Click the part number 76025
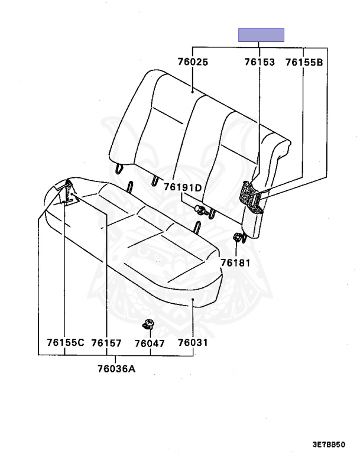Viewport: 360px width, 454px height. [x=193, y=62]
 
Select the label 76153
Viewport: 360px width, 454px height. [x=260, y=62]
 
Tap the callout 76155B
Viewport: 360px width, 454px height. [x=304, y=62]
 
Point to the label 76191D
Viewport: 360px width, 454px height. [x=183, y=187]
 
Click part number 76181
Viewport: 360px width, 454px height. [x=235, y=262]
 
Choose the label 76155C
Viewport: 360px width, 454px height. [x=66, y=342]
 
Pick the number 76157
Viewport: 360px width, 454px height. [x=106, y=343]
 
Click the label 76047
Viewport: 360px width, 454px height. [x=150, y=343]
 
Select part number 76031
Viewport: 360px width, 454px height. [x=193, y=343]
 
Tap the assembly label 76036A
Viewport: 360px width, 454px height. [x=116, y=369]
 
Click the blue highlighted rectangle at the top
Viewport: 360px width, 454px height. [x=261, y=35]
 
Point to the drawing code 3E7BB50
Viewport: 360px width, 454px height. [x=329, y=445]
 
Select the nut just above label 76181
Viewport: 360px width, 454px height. [x=237, y=237]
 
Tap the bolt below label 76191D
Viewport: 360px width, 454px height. [x=201, y=210]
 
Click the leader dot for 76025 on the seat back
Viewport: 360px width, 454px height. [x=192, y=92]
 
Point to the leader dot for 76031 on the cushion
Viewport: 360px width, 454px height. [x=193, y=299]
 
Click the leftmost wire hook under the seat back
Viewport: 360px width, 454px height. [x=119, y=168]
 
